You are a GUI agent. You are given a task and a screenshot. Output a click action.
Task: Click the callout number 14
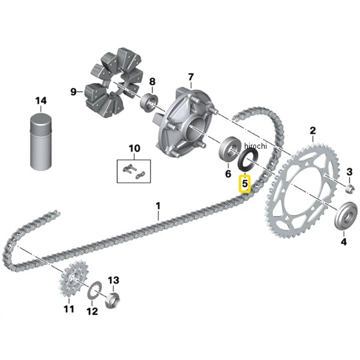(40, 101)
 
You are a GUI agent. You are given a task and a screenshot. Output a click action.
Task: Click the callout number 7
(191, 77)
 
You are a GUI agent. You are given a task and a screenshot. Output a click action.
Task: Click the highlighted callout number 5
(245, 183)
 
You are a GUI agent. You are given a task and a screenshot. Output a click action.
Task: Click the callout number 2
(313, 130)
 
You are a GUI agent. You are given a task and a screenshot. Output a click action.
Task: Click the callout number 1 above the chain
(158, 207)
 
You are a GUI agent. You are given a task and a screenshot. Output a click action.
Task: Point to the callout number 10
(134, 148)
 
